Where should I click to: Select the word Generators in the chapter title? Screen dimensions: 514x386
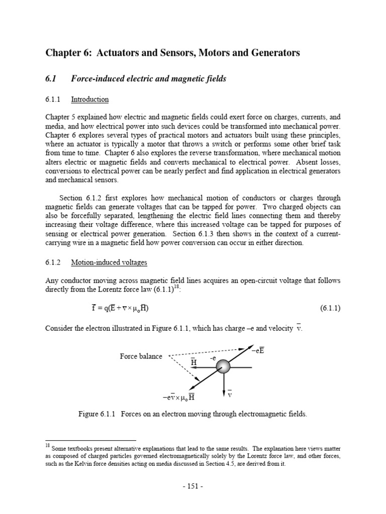[x=274, y=53]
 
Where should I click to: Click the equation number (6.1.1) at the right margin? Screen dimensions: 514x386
[x=330, y=308]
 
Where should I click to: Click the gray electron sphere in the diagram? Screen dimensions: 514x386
[x=223, y=367]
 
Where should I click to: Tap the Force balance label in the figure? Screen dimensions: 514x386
[x=141, y=356]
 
